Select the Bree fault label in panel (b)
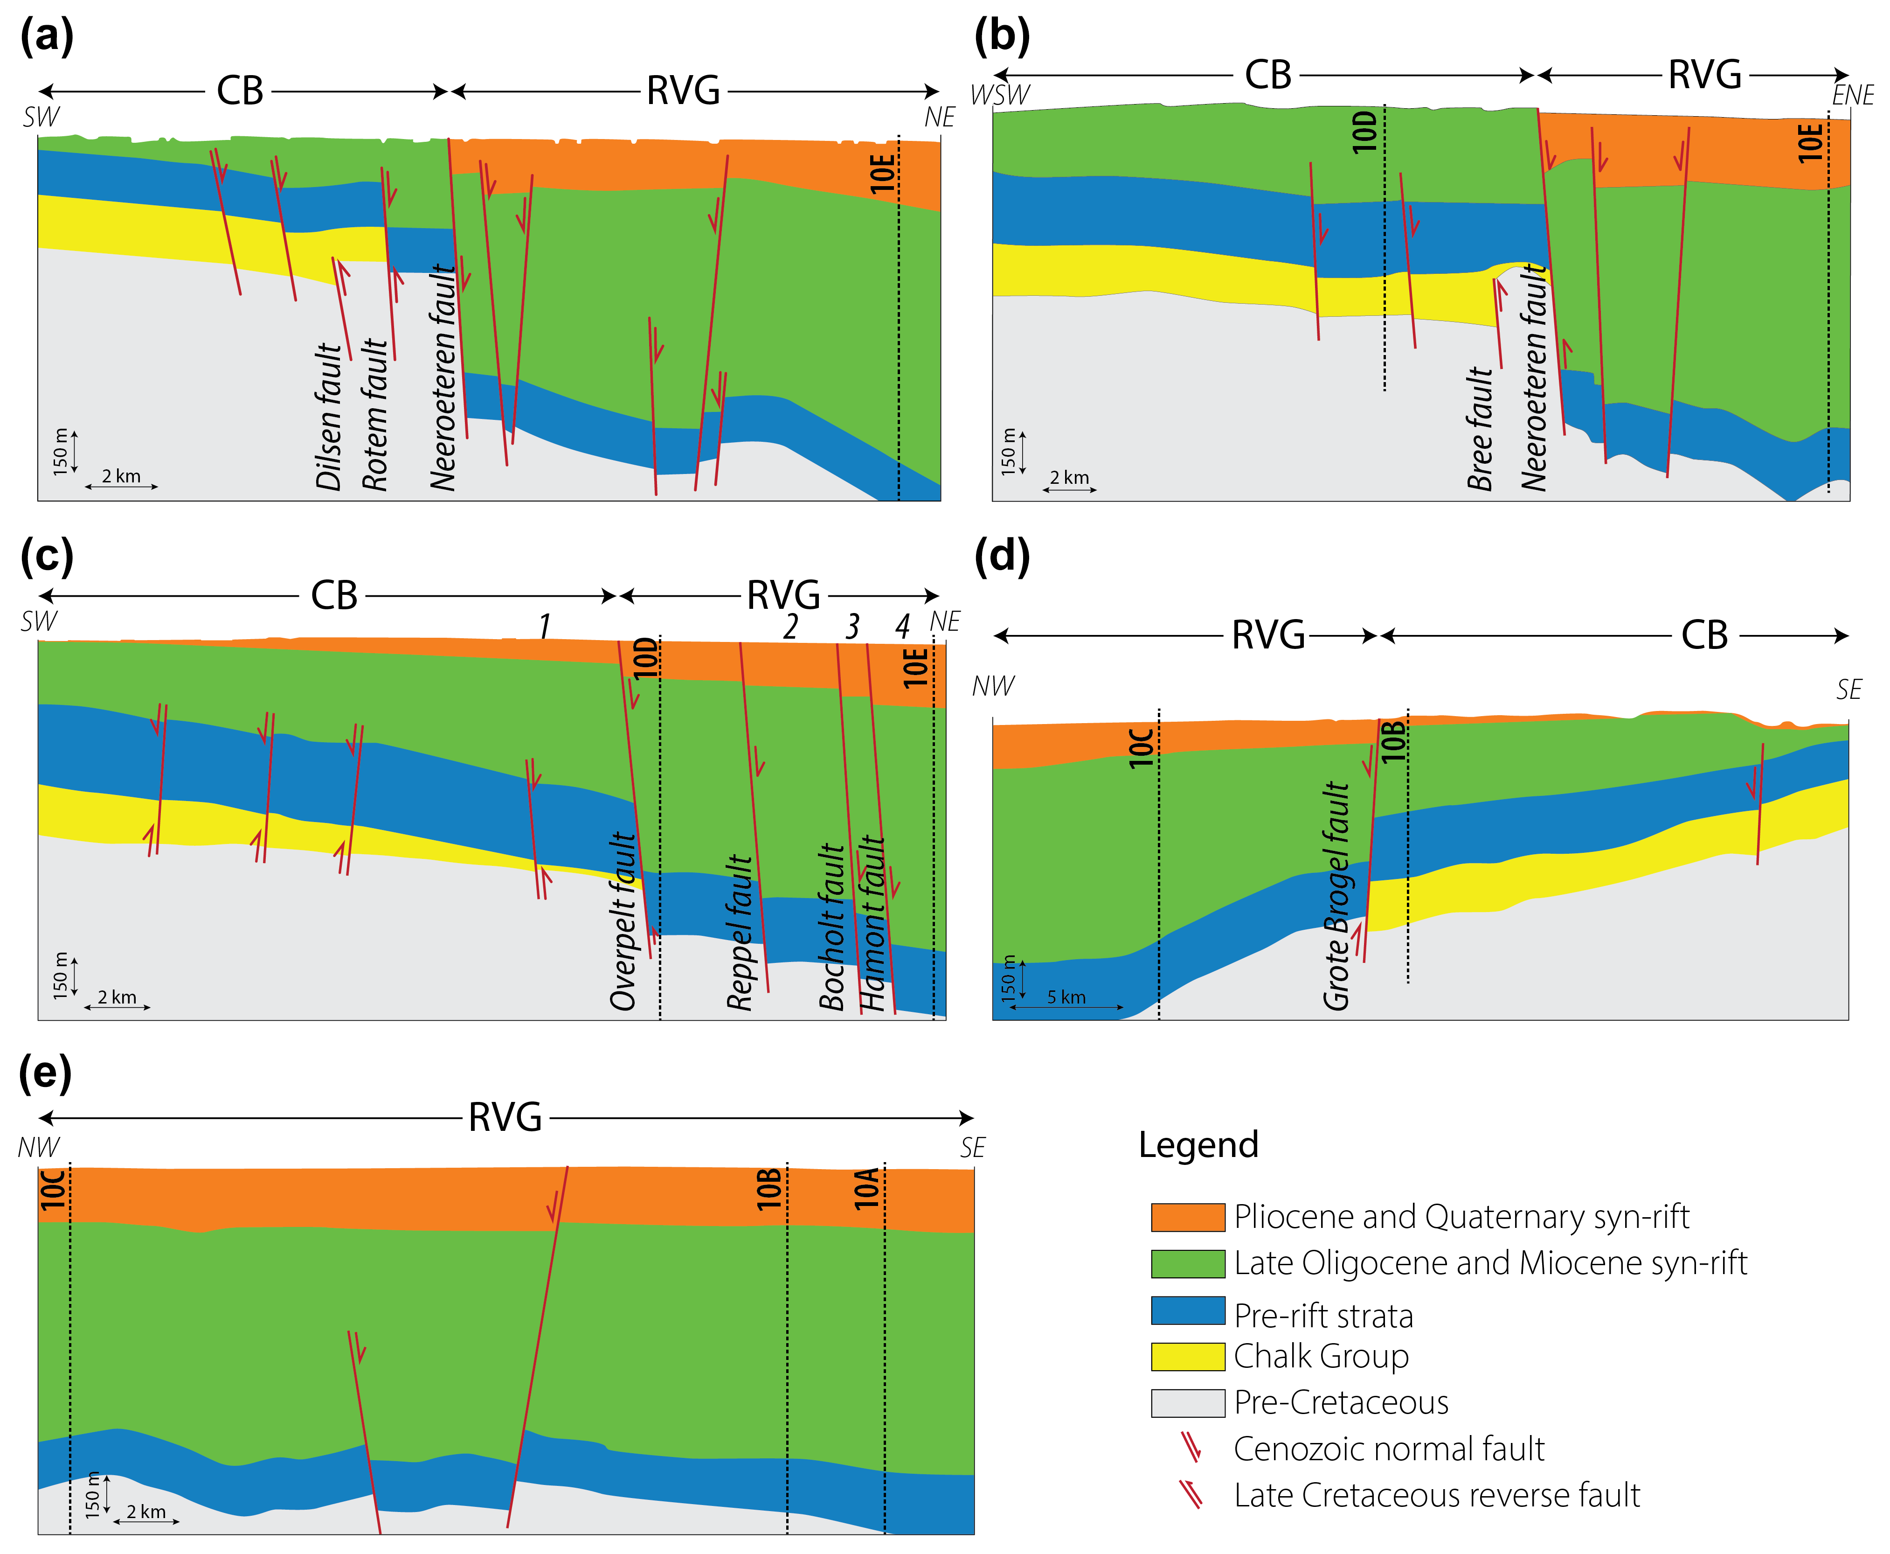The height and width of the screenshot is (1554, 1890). point(1480,428)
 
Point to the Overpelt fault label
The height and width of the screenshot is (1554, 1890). point(623,922)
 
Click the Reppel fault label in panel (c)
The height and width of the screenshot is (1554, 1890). point(740,933)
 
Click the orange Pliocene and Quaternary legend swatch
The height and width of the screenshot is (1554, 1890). point(1188,1218)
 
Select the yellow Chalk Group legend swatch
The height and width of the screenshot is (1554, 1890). point(1188,1356)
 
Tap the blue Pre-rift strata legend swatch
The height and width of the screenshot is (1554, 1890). point(1188,1310)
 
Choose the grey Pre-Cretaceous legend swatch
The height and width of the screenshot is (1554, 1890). point(1188,1403)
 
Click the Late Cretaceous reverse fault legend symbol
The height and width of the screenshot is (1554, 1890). point(1190,1495)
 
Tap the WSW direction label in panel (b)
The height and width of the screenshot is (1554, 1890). point(1000,95)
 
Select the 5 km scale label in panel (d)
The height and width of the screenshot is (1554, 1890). point(1066,997)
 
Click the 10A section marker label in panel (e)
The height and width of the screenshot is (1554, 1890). point(866,1189)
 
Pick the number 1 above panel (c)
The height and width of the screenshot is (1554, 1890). point(544,626)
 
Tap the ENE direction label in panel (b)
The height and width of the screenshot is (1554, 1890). point(1852,95)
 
